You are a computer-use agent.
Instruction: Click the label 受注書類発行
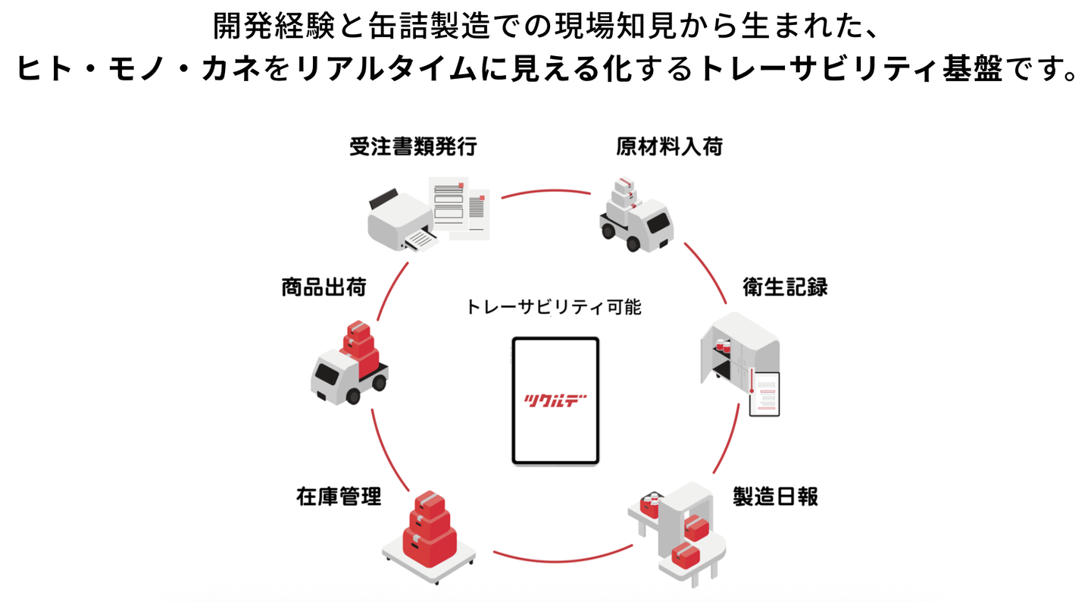pyautogui.click(x=413, y=146)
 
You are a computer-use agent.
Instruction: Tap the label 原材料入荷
pyautogui.click(x=669, y=146)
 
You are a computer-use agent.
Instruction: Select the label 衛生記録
pyautogui.click(x=785, y=287)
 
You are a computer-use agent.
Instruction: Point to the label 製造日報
pyautogui.click(x=775, y=496)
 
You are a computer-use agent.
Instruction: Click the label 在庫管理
pyautogui.click(x=339, y=496)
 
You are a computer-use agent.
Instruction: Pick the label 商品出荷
pyautogui.click(x=324, y=287)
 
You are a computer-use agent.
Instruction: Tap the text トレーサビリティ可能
pyautogui.click(x=554, y=307)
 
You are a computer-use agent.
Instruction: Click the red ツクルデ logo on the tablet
pyautogui.click(x=555, y=400)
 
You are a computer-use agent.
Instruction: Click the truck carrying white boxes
pyautogui.click(x=636, y=215)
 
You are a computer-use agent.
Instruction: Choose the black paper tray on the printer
pyautogui.click(x=383, y=199)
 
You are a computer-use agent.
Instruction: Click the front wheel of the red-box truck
pyautogui.click(x=352, y=396)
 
